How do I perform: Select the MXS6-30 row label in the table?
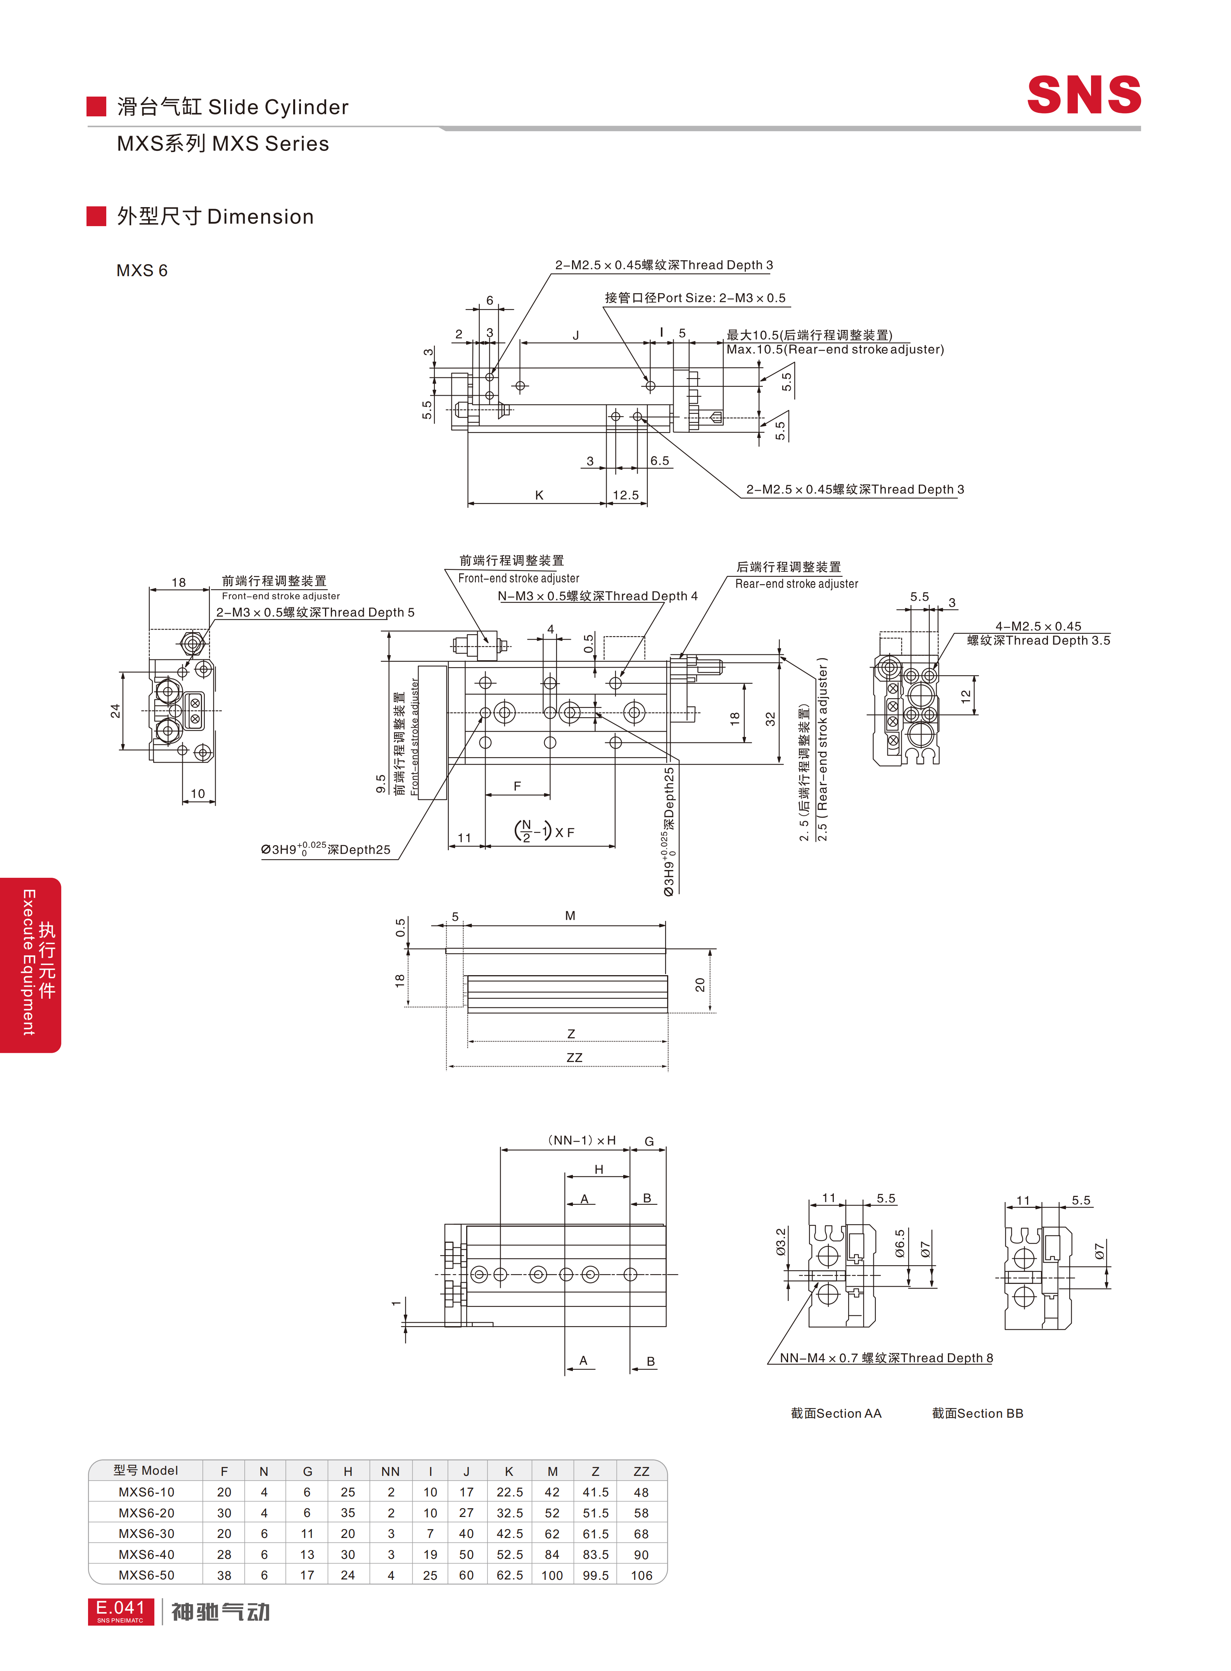146,1533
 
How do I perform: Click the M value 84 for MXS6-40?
552,1554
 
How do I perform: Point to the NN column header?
391,1471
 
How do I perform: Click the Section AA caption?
836,1413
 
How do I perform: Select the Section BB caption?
978,1413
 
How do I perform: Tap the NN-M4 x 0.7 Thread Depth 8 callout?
886,1358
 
